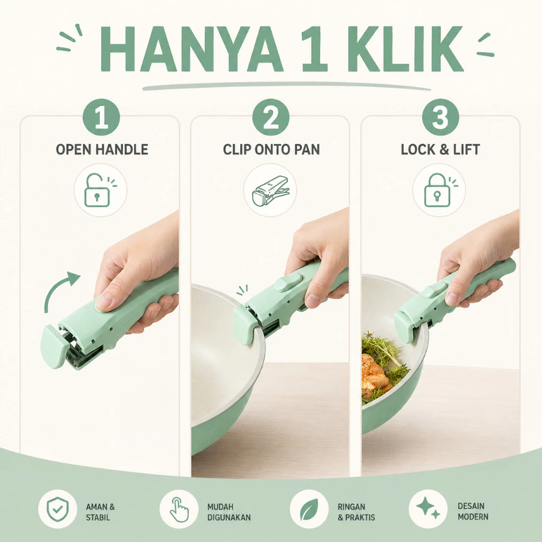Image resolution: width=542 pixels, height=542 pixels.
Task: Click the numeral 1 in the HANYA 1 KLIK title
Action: [314, 49]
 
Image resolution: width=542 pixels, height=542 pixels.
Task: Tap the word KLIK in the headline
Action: [405, 49]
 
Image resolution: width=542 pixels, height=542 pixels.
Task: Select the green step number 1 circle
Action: [101, 117]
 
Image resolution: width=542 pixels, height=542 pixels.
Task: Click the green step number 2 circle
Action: [270, 117]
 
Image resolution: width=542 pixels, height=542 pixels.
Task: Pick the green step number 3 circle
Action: [440, 117]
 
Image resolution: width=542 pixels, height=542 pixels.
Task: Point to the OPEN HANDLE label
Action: [102, 150]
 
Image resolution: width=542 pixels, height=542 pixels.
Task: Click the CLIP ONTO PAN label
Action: [272, 150]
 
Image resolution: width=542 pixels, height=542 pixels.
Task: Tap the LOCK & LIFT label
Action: [440, 150]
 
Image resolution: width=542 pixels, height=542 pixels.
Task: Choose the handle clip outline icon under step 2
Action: [270, 191]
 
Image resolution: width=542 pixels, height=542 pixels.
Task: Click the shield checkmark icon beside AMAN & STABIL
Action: [57, 509]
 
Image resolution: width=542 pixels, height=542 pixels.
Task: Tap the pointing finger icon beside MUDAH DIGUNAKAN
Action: [179, 509]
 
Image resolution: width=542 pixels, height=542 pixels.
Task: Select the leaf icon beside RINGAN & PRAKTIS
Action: [309, 509]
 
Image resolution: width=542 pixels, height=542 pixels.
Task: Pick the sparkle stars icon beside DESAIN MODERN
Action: [428, 509]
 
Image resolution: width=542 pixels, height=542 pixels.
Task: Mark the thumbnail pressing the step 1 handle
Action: [104, 302]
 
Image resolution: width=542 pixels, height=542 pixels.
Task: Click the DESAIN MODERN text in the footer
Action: [473, 511]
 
